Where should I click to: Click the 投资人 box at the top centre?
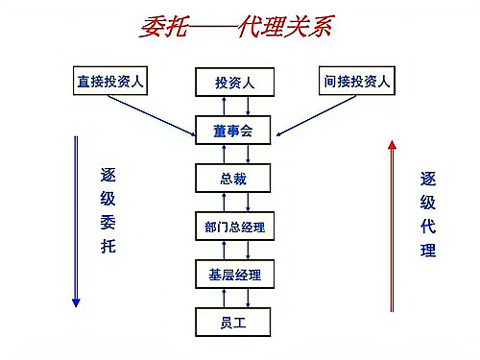pos(234,83)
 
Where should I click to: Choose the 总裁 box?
pos(234,178)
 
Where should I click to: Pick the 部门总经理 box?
pos(234,228)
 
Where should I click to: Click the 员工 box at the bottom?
pos(234,322)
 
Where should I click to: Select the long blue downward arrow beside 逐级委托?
pos(76,221)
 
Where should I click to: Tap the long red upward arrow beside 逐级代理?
pos(392,226)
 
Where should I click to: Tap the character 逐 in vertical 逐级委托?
pos(108,176)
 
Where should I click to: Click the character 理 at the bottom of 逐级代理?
pos(428,251)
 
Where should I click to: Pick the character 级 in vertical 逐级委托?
pos(108,200)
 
